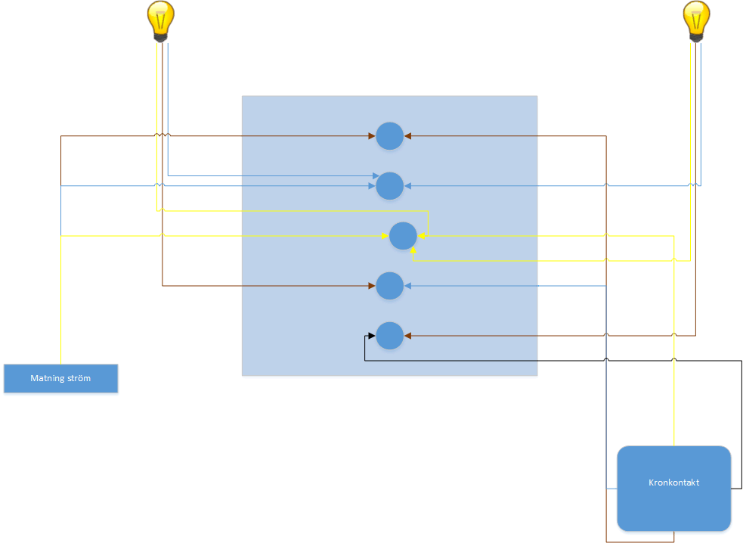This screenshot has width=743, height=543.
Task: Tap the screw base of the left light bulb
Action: point(160,36)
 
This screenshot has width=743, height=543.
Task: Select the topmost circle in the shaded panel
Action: point(389,136)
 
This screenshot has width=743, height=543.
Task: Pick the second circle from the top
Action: point(389,185)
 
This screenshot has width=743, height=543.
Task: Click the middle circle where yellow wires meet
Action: point(403,236)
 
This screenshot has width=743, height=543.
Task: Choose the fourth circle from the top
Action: point(389,285)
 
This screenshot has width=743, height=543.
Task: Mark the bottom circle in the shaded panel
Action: point(389,335)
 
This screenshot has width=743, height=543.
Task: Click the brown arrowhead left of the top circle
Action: point(372,136)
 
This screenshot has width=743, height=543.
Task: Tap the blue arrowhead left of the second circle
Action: point(373,177)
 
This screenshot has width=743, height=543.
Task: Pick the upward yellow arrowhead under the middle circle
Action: point(413,249)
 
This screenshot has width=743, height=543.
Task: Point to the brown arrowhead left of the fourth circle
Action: point(372,285)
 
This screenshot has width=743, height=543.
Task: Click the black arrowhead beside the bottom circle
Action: point(372,335)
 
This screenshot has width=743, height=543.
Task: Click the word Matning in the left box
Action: point(46,378)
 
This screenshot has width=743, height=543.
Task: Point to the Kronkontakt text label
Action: point(673,482)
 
